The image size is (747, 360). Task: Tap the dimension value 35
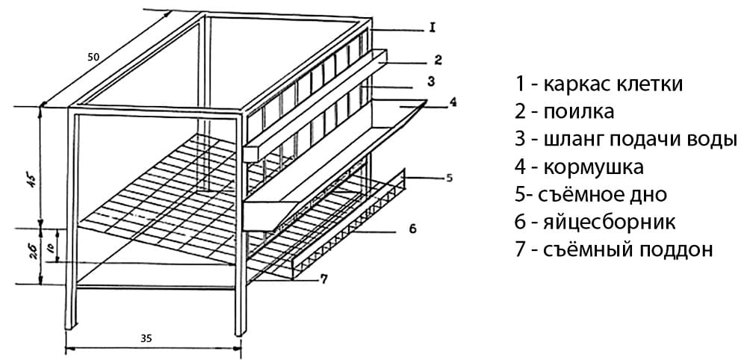tap(146, 338)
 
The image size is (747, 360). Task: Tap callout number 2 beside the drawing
tap(438, 58)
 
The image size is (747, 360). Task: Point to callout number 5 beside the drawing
tap(449, 178)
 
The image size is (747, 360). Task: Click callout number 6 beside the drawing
tap(412, 228)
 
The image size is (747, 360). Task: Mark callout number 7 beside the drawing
tap(323, 279)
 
